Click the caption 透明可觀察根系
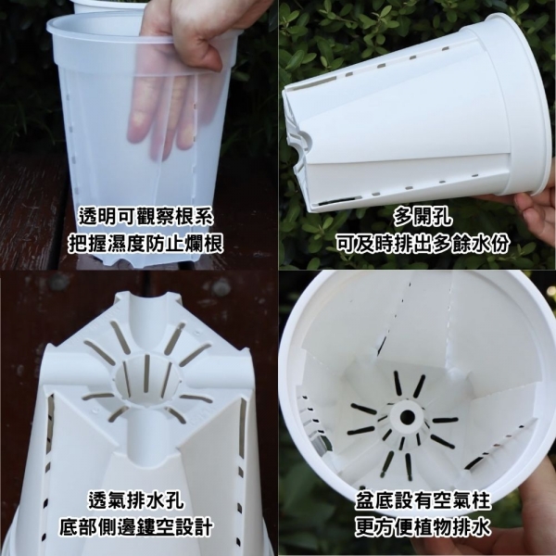[x=145, y=216]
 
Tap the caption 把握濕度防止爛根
[x=145, y=244]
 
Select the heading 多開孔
[x=423, y=217]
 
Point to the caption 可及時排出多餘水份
[x=423, y=244]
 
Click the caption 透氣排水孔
[x=136, y=500]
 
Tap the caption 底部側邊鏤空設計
[x=136, y=527]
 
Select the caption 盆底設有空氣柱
[x=423, y=500]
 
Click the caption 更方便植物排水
[x=423, y=527]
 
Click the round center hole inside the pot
[x=407, y=417]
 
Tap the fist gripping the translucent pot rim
[x=198, y=31]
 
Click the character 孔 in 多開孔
[x=443, y=217]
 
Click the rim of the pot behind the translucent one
[x=107, y=6]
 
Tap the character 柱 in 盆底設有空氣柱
[x=481, y=500]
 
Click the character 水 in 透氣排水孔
[x=156, y=500]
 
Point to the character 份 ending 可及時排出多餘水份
[x=500, y=244]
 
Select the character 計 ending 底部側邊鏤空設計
[x=204, y=527]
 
